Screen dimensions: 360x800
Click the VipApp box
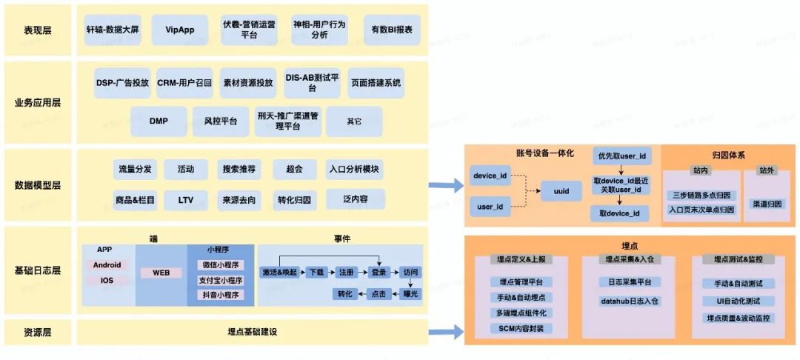click(x=176, y=30)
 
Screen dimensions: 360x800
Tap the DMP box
click(x=159, y=121)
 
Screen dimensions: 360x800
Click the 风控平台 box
click(x=216, y=121)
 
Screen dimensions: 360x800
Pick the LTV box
click(x=186, y=200)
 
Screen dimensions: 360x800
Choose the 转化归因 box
click(x=293, y=200)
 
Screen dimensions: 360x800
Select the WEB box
click(x=161, y=273)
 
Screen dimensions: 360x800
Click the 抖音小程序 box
click(x=220, y=295)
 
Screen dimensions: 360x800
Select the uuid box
click(x=561, y=191)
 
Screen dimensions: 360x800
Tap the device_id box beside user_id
click(x=490, y=177)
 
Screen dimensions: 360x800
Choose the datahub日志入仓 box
click(x=629, y=301)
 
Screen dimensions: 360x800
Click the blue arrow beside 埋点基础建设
click(x=445, y=333)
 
